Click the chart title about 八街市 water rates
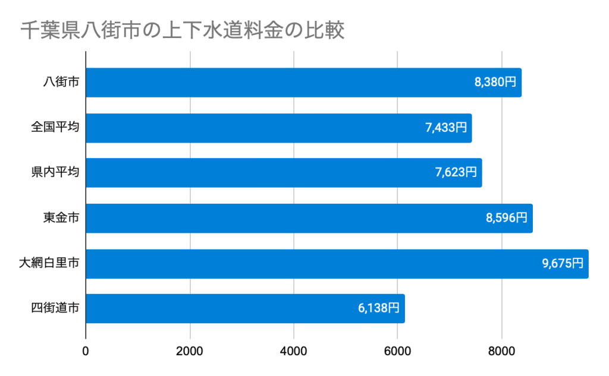(x=182, y=30)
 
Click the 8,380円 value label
(x=495, y=83)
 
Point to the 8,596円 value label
(x=507, y=218)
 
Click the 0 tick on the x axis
(x=86, y=350)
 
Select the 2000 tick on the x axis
(x=190, y=350)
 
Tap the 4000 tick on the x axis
(x=294, y=350)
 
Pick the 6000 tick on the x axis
(x=398, y=350)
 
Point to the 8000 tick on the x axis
(x=502, y=350)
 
